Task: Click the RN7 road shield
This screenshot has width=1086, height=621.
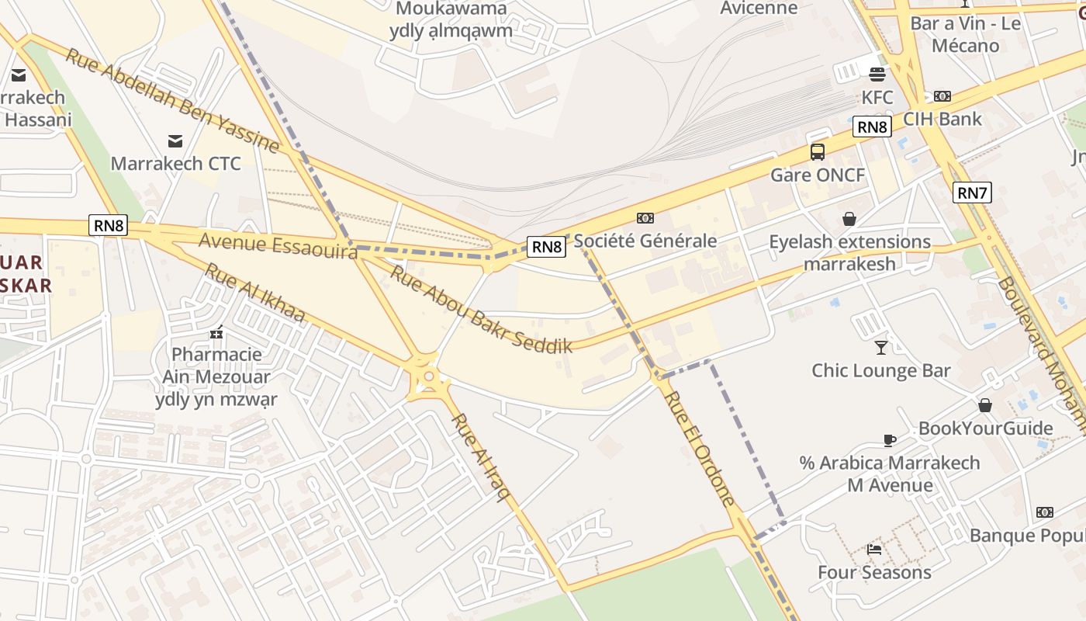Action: coord(972,192)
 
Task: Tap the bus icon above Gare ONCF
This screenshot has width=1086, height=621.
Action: coord(818,152)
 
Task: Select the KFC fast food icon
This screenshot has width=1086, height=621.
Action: coord(877,75)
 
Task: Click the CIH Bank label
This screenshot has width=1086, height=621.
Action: coord(942,119)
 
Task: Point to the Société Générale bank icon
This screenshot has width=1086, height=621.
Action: coord(645,218)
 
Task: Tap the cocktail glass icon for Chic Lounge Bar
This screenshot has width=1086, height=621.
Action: coord(881,347)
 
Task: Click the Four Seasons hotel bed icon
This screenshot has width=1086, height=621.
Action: coord(874,549)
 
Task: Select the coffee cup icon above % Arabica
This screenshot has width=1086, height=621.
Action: coord(890,440)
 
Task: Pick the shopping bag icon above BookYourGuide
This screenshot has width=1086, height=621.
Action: coord(985,405)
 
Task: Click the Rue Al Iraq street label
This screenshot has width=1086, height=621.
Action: coord(481,457)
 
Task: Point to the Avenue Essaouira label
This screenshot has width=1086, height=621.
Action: coord(278,245)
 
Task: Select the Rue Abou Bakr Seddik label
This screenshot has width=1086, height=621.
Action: coord(481,309)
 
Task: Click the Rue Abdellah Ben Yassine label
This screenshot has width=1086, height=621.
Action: coord(171,100)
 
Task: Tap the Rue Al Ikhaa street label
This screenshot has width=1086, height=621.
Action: coord(255,293)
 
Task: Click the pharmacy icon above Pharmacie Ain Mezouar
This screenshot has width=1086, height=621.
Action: coord(216,332)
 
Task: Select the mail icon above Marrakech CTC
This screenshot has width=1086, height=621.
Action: coord(175,141)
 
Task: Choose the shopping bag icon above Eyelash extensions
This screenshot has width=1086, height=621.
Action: coord(849,219)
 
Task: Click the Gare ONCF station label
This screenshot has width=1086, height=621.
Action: coord(818,175)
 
